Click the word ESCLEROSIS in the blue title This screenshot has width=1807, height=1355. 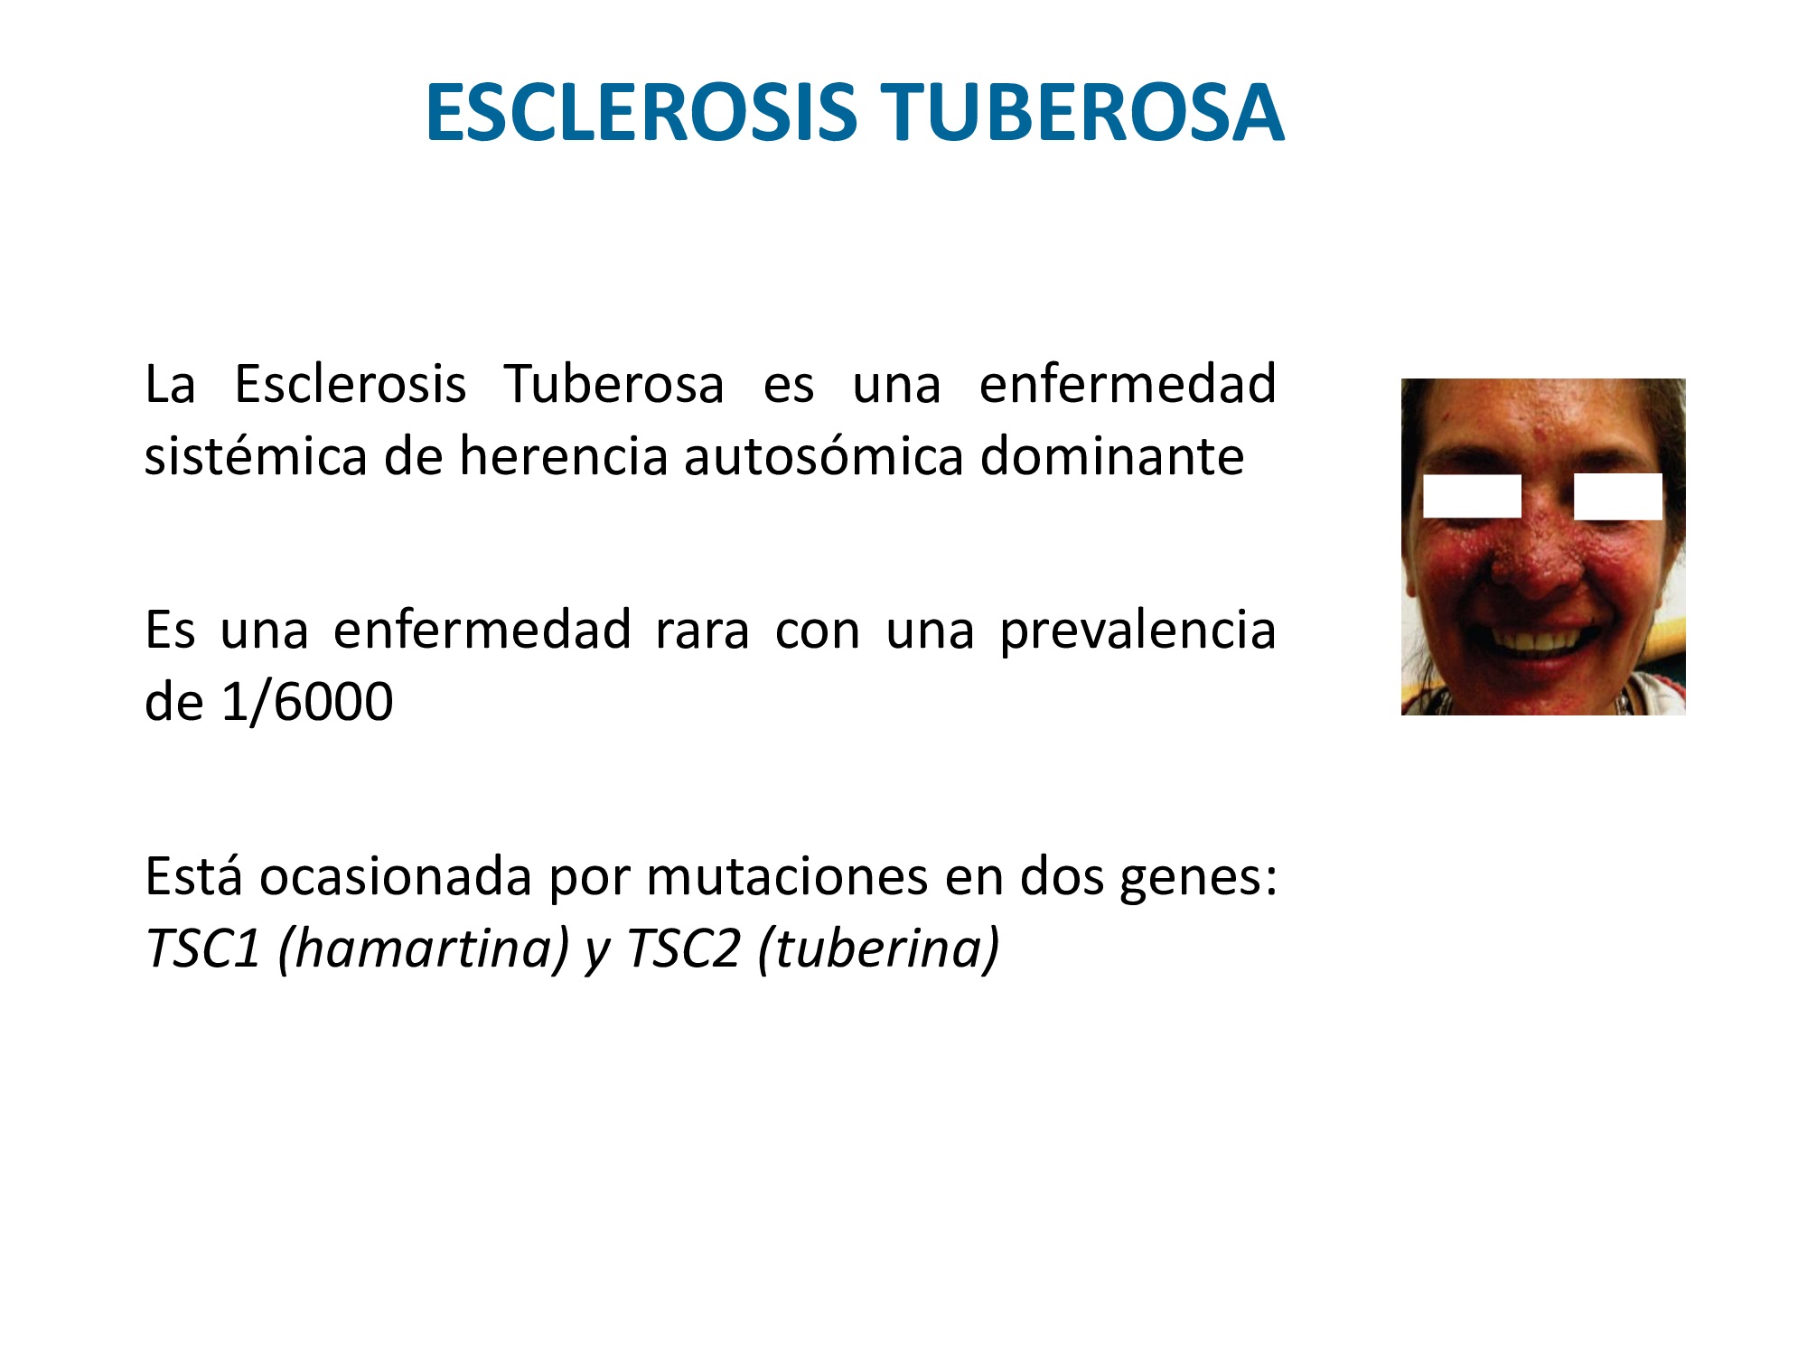641,113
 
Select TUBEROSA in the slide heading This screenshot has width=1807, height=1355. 1082,113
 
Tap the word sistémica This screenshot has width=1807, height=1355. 256,455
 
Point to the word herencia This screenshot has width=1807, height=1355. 563,455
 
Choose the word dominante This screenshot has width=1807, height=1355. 1112,455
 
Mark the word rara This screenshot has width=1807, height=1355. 703,630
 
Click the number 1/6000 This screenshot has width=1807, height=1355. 307,702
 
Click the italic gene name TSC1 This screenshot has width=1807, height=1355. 202,948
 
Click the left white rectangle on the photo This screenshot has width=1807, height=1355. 1472,496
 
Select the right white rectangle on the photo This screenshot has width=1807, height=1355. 1617,497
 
